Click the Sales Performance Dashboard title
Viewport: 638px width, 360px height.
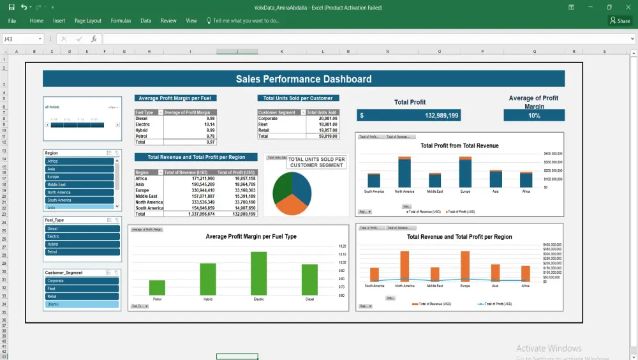[304, 79]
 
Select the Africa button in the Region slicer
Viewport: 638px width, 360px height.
[80, 161]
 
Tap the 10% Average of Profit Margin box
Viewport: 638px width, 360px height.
[534, 116]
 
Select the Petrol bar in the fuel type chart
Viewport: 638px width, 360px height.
[157, 287]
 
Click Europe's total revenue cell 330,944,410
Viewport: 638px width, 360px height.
[189, 190]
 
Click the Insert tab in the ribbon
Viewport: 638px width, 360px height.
[59, 21]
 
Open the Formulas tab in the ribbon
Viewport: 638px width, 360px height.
[121, 21]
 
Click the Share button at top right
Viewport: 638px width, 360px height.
[619, 21]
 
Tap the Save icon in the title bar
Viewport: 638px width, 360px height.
[11, 7]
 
